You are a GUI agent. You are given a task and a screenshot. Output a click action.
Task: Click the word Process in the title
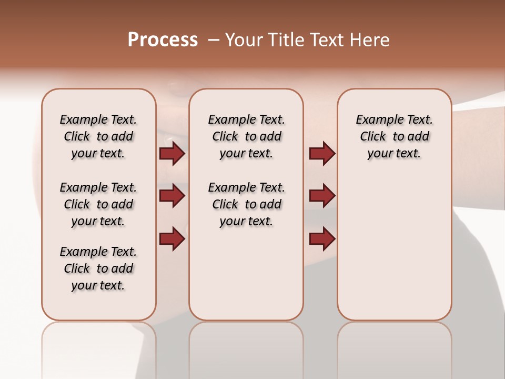tap(163, 40)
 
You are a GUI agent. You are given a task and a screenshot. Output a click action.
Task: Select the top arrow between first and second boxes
tap(172, 154)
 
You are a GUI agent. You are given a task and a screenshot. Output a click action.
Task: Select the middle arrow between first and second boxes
tap(172, 196)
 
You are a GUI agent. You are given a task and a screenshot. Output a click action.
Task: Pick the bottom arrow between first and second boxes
tap(172, 238)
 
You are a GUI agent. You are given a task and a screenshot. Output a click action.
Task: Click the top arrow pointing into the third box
tap(322, 154)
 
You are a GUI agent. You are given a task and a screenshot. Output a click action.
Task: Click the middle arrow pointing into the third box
tap(322, 196)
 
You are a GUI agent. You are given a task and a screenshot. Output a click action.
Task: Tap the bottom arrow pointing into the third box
tap(322, 238)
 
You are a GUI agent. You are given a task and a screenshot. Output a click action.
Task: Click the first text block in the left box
tap(98, 136)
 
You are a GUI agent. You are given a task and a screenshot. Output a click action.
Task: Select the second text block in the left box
tap(98, 204)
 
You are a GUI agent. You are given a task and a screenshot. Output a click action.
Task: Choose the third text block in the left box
tap(98, 268)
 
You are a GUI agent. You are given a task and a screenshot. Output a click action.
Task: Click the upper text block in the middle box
tap(247, 136)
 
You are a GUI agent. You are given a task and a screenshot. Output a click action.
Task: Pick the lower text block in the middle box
tap(247, 204)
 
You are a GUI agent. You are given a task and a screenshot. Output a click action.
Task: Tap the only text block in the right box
tap(394, 136)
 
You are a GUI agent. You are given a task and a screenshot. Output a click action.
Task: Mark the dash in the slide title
tap(214, 40)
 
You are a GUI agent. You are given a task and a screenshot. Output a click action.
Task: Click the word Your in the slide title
tap(244, 40)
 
